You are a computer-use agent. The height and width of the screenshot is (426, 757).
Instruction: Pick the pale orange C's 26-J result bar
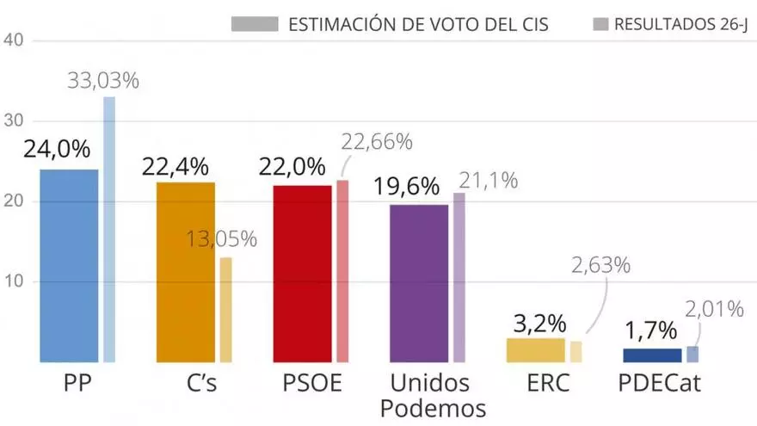[x=225, y=310]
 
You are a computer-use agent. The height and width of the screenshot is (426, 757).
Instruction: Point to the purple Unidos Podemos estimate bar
[x=419, y=283]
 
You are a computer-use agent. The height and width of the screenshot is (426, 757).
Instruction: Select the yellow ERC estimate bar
[x=535, y=350]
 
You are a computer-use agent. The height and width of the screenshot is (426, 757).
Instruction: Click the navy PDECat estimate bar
[x=652, y=355]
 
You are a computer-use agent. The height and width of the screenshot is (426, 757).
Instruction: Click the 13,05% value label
[x=221, y=239]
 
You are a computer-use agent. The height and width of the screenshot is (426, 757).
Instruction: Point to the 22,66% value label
[x=377, y=141]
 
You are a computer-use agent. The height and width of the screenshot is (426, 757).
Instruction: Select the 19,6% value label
[x=409, y=186]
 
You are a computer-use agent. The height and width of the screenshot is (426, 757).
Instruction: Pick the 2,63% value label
[x=600, y=264]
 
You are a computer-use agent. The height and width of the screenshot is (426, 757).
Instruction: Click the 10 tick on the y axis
[x=16, y=282]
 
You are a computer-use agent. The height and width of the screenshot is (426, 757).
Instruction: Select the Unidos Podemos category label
[x=430, y=395]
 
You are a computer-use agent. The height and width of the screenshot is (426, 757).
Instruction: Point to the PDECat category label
[x=660, y=383]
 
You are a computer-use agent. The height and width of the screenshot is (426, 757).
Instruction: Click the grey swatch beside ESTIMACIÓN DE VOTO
[x=255, y=23]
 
